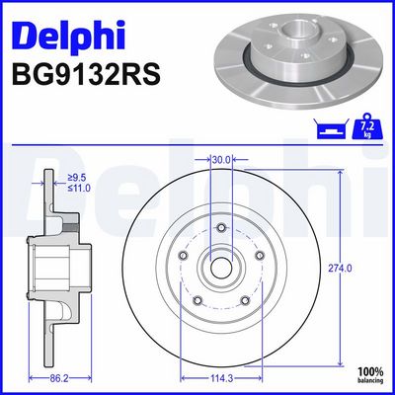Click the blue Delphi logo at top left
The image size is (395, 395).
point(68,37)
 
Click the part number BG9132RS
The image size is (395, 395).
point(86,74)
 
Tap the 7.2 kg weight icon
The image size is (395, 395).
point(367,126)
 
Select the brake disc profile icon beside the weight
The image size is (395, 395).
point(331,129)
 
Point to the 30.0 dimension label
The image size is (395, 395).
point(221,159)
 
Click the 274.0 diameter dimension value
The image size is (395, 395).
point(340,269)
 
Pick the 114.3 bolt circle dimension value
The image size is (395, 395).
point(221,378)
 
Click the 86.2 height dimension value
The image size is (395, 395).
point(60,378)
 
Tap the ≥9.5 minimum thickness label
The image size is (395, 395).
point(77,178)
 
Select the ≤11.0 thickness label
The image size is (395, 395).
point(79,189)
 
